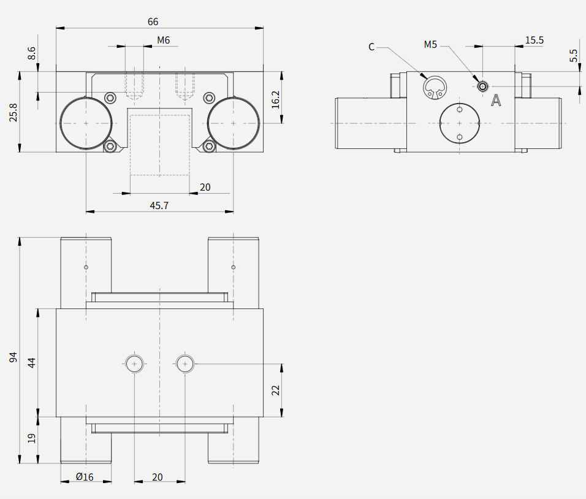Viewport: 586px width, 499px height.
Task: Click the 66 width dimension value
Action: (x=153, y=21)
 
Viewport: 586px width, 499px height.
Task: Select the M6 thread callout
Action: (x=163, y=40)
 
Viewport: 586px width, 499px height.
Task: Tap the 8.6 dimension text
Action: (x=32, y=53)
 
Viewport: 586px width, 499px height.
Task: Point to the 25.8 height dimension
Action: (x=13, y=113)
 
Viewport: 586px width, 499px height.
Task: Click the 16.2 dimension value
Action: (x=275, y=99)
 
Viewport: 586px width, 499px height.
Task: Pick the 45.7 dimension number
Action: (x=159, y=205)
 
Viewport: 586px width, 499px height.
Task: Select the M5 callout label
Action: (x=430, y=45)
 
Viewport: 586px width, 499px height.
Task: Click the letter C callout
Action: (x=371, y=47)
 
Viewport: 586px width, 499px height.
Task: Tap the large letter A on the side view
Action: (x=496, y=100)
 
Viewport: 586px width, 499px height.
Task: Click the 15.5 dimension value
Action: (x=535, y=40)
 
